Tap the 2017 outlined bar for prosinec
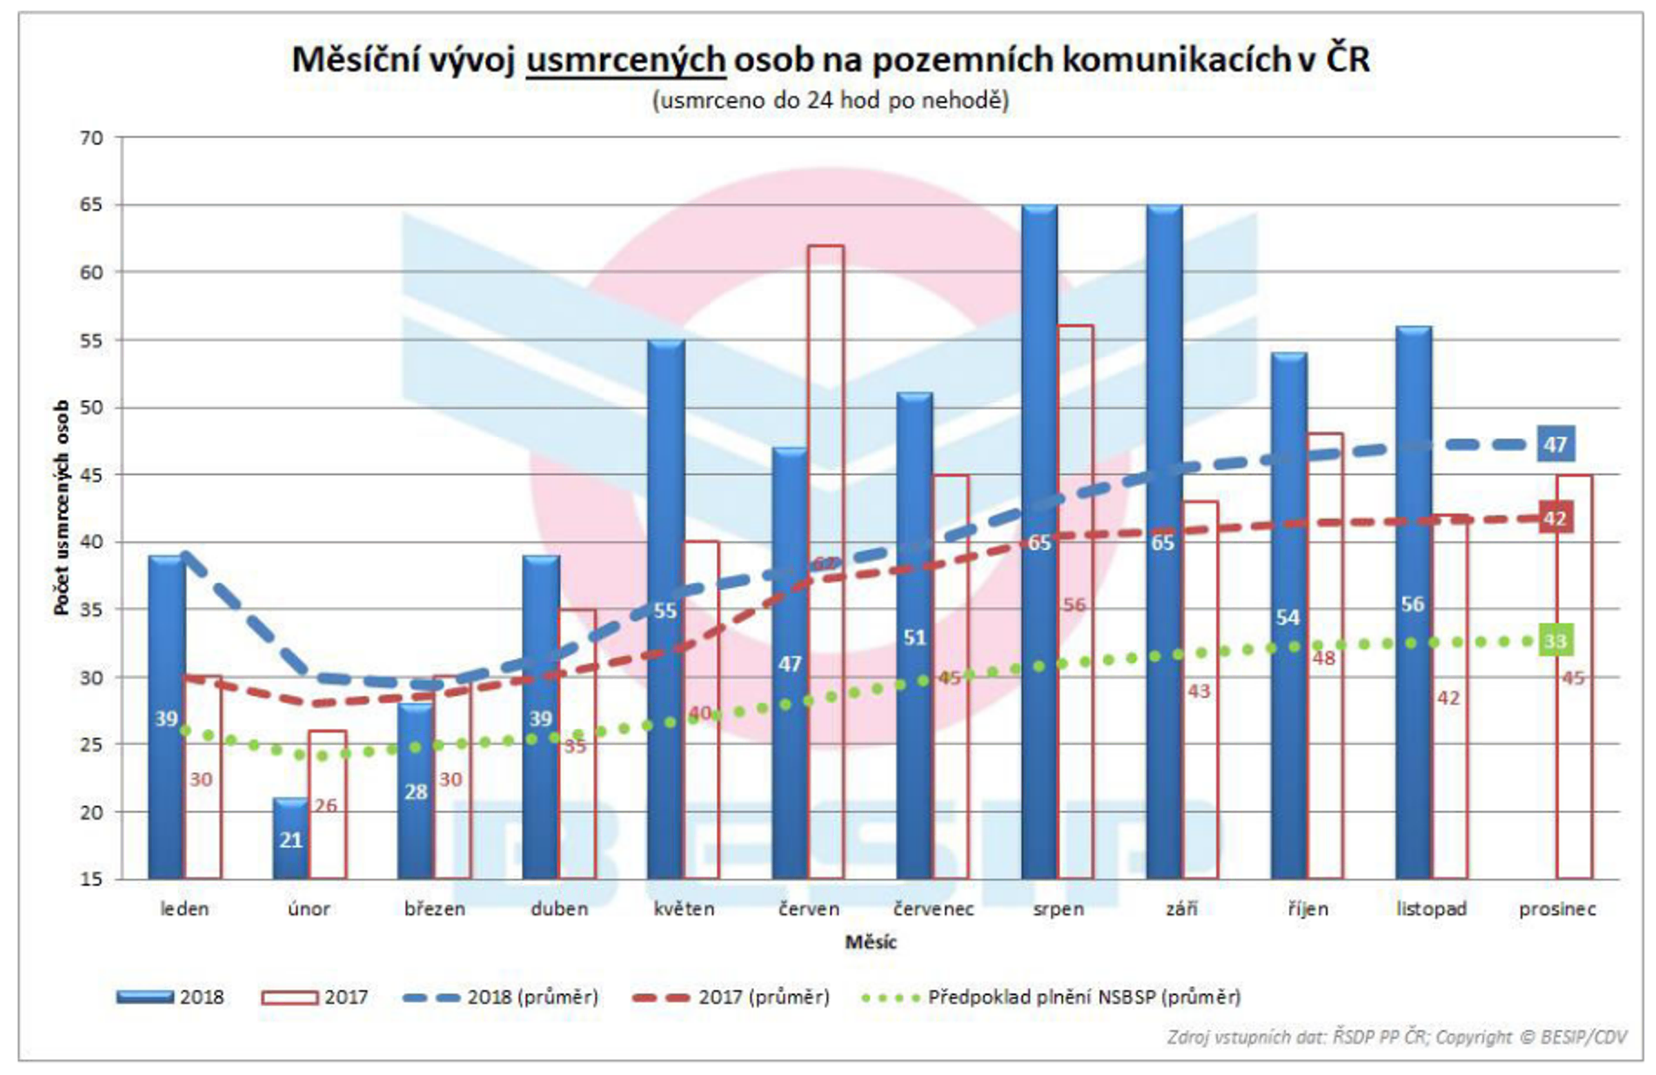pyautogui.click(x=1574, y=765)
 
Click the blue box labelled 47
pyautogui.click(x=1556, y=444)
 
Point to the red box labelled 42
pyautogui.click(x=1555, y=518)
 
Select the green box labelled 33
pyautogui.click(x=1556, y=640)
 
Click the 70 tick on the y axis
pyautogui.click(x=91, y=138)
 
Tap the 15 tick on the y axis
pyautogui.click(x=91, y=879)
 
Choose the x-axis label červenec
pyautogui.click(x=934, y=909)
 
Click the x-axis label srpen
pyautogui.click(x=1058, y=909)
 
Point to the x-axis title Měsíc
pyautogui.click(x=871, y=942)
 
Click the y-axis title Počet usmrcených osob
pyautogui.click(x=62, y=508)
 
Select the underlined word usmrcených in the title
pyautogui.click(x=626, y=60)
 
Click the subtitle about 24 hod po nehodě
pyautogui.click(x=831, y=100)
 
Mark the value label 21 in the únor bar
pyautogui.click(x=291, y=840)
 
